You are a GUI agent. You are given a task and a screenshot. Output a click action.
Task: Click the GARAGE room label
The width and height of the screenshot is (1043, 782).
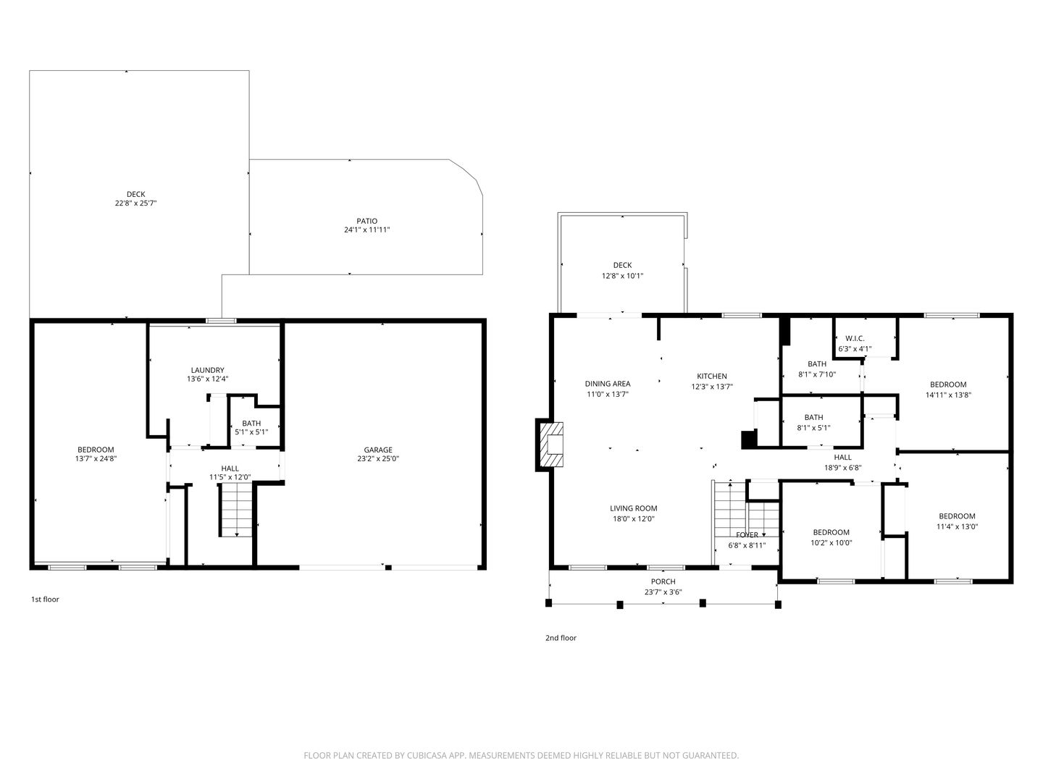point(378,450)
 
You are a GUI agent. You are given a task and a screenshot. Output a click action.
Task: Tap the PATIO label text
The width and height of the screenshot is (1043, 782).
point(366,221)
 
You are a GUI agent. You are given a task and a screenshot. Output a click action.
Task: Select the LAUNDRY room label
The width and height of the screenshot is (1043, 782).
point(207,370)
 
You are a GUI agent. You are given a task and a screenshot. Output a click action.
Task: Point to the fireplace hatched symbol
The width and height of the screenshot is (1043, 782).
point(552,445)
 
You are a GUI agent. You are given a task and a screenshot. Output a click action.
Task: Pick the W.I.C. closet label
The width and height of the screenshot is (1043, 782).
point(855,339)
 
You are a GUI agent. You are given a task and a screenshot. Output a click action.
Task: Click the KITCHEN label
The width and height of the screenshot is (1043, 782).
point(712,376)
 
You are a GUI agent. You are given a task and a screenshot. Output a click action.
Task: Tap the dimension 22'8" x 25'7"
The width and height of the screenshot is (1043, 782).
point(136,203)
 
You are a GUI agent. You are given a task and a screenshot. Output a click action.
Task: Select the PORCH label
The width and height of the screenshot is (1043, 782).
point(663,581)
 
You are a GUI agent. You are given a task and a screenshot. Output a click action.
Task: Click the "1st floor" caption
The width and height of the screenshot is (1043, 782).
point(45,600)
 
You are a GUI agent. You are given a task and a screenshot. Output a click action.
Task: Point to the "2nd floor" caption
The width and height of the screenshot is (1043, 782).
point(561,638)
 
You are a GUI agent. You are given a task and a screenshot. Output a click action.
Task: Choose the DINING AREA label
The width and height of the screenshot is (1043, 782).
point(608,384)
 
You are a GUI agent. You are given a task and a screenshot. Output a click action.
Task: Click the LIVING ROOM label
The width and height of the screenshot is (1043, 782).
point(633,508)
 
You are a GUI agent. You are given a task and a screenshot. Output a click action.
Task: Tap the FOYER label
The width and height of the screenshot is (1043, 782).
point(747,535)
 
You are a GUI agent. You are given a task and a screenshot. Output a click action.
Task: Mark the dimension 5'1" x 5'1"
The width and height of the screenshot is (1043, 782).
point(251,432)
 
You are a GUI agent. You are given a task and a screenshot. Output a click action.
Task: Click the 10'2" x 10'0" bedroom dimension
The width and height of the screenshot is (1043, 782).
point(831,543)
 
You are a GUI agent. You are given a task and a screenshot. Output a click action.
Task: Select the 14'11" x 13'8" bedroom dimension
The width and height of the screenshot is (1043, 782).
point(948,395)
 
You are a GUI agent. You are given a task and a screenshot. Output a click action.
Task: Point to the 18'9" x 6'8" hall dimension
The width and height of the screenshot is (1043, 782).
point(842,468)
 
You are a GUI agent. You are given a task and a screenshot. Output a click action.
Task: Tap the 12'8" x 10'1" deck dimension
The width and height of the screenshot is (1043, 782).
point(622,276)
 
